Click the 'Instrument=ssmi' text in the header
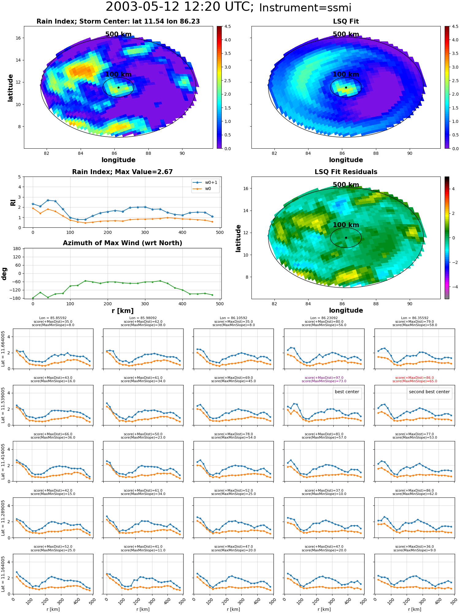click(x=305, y=8)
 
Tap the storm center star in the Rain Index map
click(x=118, y=87)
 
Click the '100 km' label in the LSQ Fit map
click(x=346, y=74)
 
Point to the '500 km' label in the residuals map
click(x=346, y=185)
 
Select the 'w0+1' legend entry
click(x=211, y=182)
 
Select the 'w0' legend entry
click(x=208, y=188)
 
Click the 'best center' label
click(x=347, y=392)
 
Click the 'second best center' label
click(x=429, y=392)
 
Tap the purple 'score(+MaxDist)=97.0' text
click(x=324, y=378)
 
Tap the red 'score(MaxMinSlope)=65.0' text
click(x=415, y=381)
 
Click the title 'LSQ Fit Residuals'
click(x=346, y=172)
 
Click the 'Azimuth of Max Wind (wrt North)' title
click(x=123, y=243)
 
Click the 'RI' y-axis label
click(x=13, y=202)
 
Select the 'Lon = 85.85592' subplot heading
click(x=53, y=318)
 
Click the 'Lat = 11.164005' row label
click(x=3, y=574)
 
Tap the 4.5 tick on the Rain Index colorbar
click(x=228, y=26)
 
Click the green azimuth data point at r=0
click(x=33, y=298)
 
